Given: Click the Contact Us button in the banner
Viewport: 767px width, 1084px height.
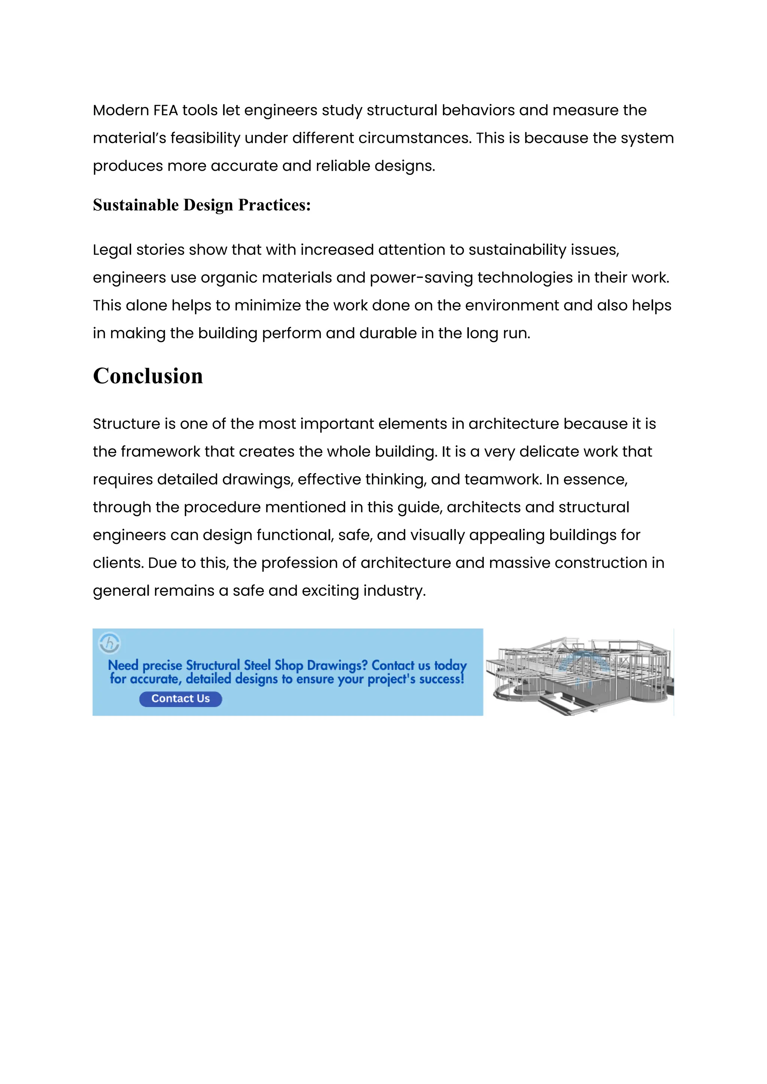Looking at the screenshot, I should pyautogui.click(x=181, y=699).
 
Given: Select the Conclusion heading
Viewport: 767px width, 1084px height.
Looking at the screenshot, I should pyautogui.click(x=148, y=376).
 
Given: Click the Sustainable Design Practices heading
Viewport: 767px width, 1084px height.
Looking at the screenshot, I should pyautogui.click(x=201, y=205).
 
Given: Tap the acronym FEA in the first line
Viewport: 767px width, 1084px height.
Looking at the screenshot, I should pyautogui.click(x=165, y=110).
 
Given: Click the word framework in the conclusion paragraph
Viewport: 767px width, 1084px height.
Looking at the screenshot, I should pyautogui.click(x=160, y=452).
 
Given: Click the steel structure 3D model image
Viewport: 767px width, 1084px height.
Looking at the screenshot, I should pyautogui.click(x=579, y=672).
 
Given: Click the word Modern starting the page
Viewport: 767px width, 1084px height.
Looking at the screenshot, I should pyautogui.click(x=121, y=110).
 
